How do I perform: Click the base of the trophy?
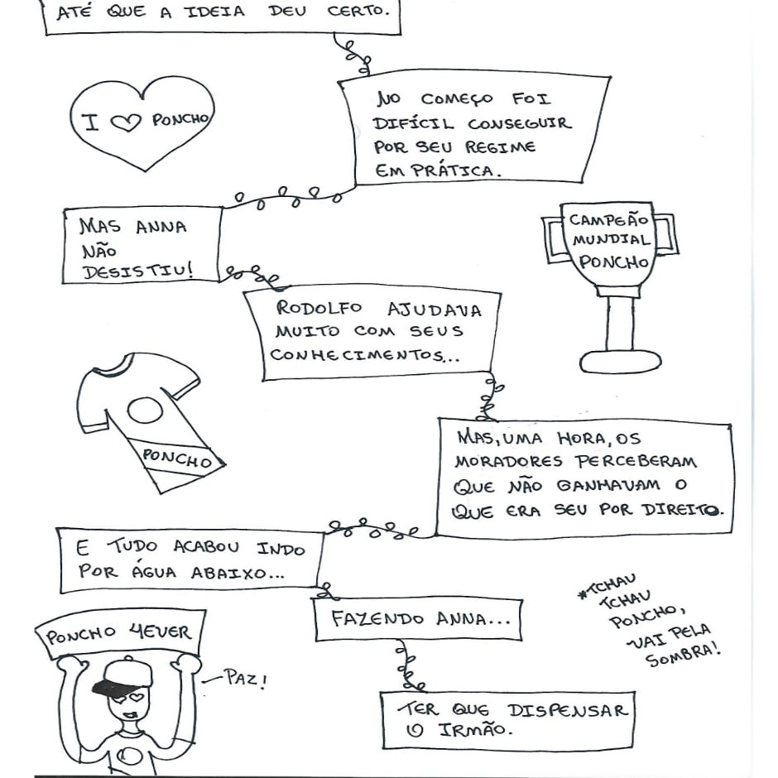point(620,361)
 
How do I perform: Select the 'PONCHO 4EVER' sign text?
point(118,635)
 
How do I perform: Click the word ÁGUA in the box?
point(156,572)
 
